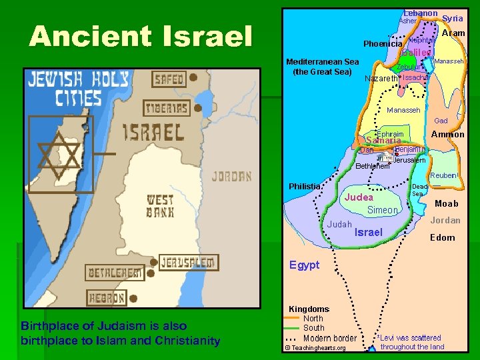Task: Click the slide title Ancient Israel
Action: tap(141, 37)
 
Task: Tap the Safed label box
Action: tap(169, 79)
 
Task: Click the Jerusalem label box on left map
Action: tap(188, 262)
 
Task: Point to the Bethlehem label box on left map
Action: tap(115, 273)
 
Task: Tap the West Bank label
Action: tap(160, 206)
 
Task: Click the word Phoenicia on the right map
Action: tap(383, 44)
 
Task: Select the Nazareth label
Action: tap(381, 79)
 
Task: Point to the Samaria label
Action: tap(384, 141)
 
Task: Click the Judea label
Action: tap(359, 197)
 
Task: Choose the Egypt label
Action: tap(304, 265)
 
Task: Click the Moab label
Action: tap(446, 203)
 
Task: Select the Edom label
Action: tap(443, 237)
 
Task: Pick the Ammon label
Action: tap(448, 135)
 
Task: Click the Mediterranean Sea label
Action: tap(322, 67)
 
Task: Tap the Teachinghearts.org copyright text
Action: tap(315, 348)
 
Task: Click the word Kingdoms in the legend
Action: tap(309, 309)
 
